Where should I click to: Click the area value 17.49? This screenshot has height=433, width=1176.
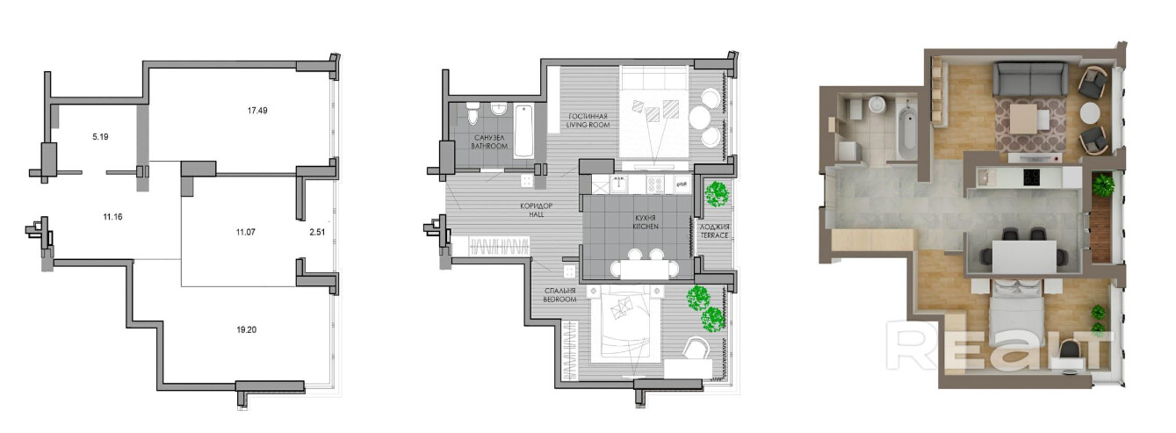(257, 111)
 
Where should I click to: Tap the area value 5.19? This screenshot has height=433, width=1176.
(100, 137)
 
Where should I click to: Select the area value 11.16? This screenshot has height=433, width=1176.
(113, 216)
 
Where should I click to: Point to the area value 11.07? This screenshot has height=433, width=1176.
(246, 232)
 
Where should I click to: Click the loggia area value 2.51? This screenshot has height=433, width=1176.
(317, 232)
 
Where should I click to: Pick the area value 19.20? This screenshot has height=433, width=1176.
(246, 330)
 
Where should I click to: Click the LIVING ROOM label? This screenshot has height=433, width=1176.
(588, 125)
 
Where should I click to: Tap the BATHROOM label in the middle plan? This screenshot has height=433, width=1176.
(489, 146)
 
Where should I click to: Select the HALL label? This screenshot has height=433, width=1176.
(537, 214)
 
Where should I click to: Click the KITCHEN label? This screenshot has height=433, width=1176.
(645, 227)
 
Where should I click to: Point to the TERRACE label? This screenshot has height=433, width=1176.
(715, 235)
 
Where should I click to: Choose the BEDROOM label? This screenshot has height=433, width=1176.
(560, 299)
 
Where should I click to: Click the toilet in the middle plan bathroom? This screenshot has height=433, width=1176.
(473, 112)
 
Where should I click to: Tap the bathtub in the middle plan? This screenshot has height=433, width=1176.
(524, 131)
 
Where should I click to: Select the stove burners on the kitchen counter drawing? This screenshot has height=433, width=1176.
(654, 184)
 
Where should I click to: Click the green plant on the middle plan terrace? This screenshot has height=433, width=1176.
(716, 193)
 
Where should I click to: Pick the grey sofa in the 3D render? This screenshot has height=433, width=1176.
(1030, 79)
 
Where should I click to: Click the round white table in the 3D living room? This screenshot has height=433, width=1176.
(1090, 112)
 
